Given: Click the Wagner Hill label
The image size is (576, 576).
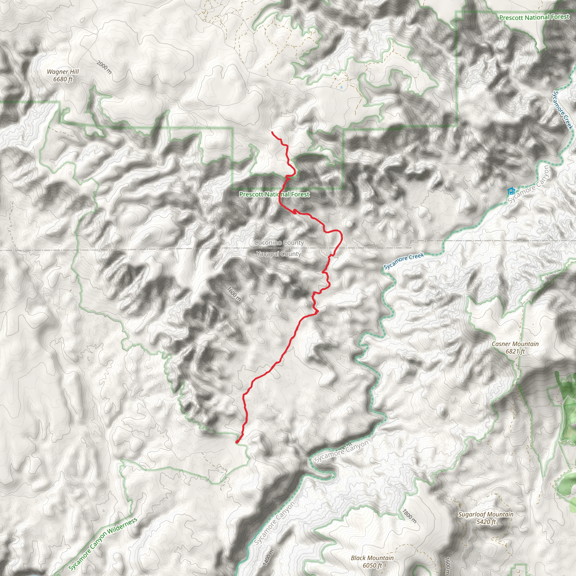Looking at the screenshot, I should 63,72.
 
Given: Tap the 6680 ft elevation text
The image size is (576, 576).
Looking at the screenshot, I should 63,79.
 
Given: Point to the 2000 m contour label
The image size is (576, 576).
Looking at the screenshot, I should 104,67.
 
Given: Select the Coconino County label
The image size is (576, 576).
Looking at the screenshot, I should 279,243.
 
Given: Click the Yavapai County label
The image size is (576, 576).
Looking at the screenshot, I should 279,254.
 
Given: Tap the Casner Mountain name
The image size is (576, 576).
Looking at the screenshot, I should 515,344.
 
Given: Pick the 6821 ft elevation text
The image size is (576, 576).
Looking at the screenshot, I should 515,352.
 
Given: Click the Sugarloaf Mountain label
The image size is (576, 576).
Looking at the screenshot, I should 486,514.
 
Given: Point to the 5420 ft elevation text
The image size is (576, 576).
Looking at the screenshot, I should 486,522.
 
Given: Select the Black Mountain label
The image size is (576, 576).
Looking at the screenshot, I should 372,558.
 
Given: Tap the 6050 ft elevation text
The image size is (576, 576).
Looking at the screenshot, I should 372,565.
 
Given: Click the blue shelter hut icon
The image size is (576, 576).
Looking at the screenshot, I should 511,190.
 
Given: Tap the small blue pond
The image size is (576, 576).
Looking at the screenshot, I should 341,88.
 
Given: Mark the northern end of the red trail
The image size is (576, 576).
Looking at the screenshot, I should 272,132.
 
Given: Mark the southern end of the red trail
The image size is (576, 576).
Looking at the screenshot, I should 237,442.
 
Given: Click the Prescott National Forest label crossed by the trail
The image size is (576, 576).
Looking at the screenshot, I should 274,194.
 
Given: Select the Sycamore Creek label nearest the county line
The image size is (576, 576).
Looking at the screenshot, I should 404,261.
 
